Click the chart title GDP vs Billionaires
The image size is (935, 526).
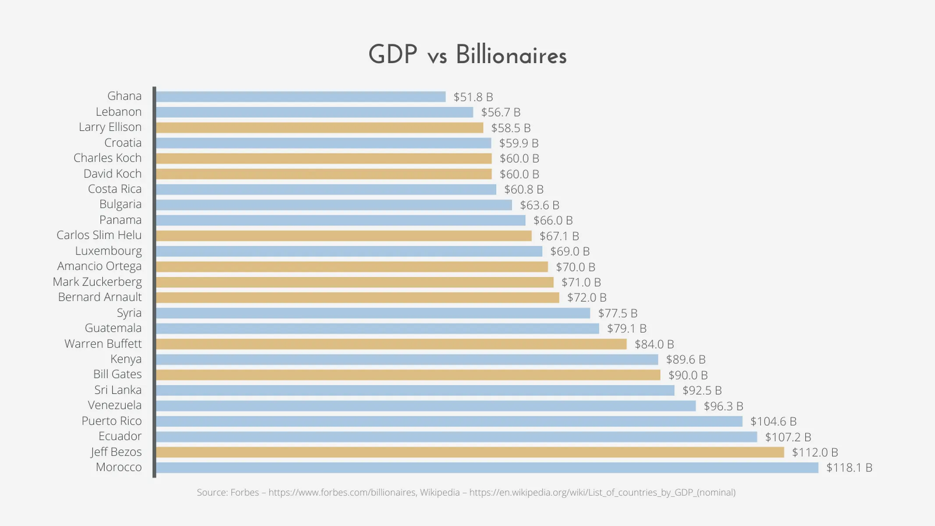pyautogui.click(x=467, y=55)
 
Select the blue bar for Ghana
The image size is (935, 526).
pyautogui.click(x=301, y=97)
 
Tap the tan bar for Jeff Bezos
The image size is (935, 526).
pyautogui.click(x=470, y=452)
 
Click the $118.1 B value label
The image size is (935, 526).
pyautogui.click(x=849, y=468)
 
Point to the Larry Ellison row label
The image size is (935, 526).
pyautogui.click(x=110, y=127)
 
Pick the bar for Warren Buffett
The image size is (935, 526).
pyautogui.click(x=391, y=344)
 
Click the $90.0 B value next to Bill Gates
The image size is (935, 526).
pyautogui.click(x=688, y=375)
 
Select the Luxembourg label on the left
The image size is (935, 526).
pyautogui.click(x=108, y=251)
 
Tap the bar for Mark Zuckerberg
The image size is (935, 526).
pyautogui.click(x=355, y=282)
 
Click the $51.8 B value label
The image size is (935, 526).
pyautogui.click(x=473, y=97)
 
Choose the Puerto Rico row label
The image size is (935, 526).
pyautogui.click(x=111, y=421)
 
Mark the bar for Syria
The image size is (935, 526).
pyautogui.click(x=373, y=313)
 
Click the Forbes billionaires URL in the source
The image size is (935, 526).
pyautogui.click(x=342, y=492)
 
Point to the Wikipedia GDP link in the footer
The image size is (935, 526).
pyautogui.click(x=602, y=492)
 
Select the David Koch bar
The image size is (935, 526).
pyautogui.click(x=324, y=174)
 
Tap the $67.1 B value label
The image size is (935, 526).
pyautogui.click(x=559, y=236)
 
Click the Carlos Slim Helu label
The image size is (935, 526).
pyautogui.click(x=99, y=235)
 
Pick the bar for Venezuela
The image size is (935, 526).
pyautogui.click(x=426, y=406)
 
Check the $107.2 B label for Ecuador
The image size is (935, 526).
pyautogui.click(x=788, y=437)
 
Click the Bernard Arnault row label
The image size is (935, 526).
pyautogui.click(x=100, y=297)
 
